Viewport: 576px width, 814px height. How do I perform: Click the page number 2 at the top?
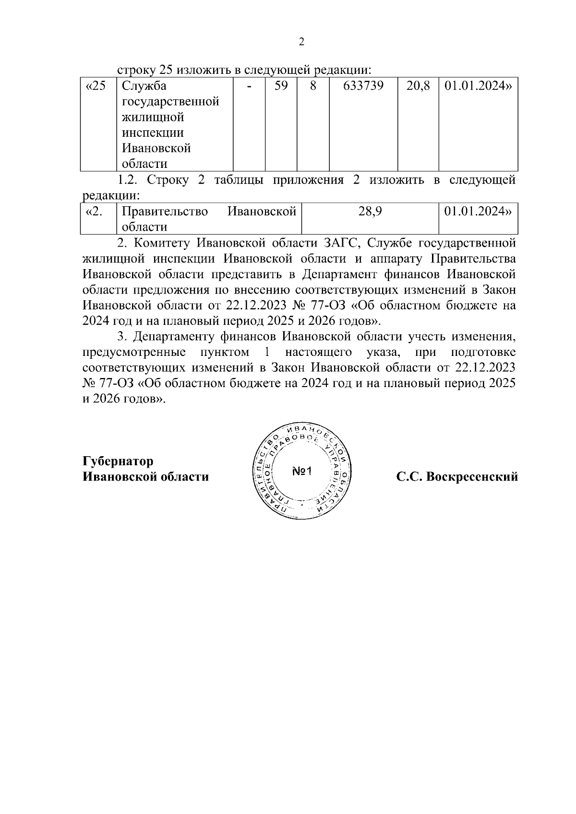pyautogui.click(x=301, y=42)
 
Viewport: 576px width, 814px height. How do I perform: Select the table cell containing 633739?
pyautogui.click(x=363, y=86)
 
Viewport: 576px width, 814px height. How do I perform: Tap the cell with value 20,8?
pyautogui.click(x=418, y=86)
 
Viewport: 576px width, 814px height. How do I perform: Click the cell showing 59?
pyautogui.click(x=281, y=86)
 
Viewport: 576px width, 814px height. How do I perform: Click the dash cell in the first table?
pyautogui.click(x=249, y=86)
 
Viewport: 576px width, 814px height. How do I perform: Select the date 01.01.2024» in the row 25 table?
pyautogui.click(x=477, y=86)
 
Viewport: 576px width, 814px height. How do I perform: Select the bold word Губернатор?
pyautogui.click(x=118, y=461)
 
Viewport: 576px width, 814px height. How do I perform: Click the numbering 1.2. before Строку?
pyautogui.click(x=129, y=180)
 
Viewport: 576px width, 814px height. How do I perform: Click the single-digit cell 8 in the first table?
pyautogui.click(x=312, y=86)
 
